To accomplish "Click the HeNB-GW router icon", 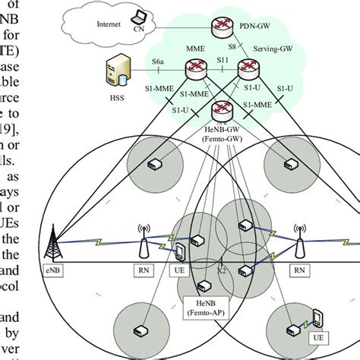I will (x=222, y=112).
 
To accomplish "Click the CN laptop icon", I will (x=138, y=15).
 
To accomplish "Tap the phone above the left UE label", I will (x=181, y=254).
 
